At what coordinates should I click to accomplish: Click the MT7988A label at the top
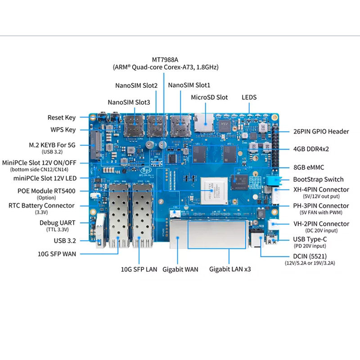(165, 60)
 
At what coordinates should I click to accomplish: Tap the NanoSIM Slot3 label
(129, 102)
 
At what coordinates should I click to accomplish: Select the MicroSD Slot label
(209, 97)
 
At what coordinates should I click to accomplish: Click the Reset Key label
(62, 117)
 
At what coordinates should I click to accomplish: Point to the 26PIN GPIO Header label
(321, 131)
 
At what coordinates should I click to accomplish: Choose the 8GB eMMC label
(309, 167)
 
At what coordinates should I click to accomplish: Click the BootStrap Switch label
(318, 179)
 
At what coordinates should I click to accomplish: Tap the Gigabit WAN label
(180, 269)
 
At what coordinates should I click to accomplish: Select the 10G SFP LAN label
(139, 269)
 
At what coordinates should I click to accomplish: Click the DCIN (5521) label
(310, 256)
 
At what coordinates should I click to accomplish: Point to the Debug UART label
(58, 223)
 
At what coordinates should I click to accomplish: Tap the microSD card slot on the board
(204, 123)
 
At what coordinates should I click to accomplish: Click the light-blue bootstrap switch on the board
(274, 179)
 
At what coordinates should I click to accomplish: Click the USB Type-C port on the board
(272, 240)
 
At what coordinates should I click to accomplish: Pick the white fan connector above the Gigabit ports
(175, 213)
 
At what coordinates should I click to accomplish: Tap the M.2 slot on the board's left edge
(96, 145)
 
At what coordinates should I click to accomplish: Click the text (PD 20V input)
(310, 246)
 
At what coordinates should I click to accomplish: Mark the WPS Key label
(63, 130)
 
